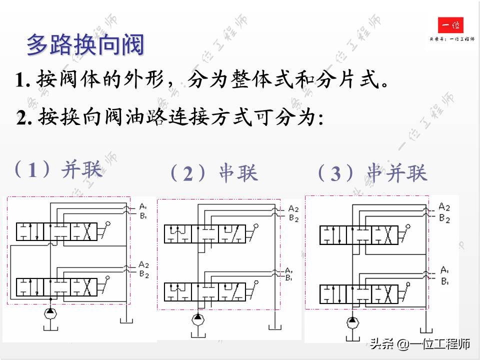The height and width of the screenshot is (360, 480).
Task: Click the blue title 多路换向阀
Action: tap(85, 44)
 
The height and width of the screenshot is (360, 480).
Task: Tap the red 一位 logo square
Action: tap(450, 25)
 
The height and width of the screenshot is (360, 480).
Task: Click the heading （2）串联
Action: tap(214, 173)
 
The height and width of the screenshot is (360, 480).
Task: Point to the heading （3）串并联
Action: tap(372, 173)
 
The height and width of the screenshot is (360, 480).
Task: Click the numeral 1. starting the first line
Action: tap(23, 80)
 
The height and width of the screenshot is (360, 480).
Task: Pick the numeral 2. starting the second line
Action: tap(24, 118)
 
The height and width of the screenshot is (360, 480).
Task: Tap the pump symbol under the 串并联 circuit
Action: tap(353, 320)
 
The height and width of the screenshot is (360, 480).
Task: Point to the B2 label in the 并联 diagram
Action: tap(144, 273)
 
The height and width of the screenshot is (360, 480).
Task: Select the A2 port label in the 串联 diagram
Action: tap(293, 209)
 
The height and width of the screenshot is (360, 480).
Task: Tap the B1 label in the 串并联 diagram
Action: tap(444, 281)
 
